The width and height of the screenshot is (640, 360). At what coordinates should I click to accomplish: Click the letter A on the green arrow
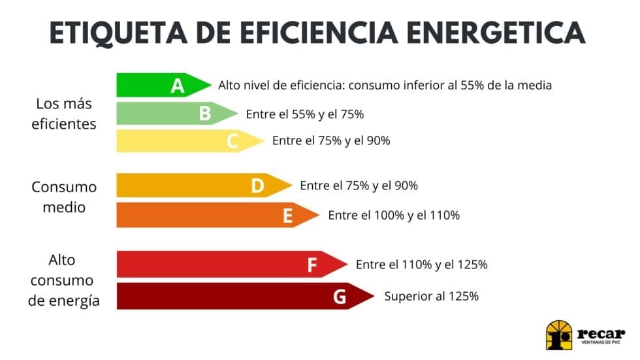coord(178,86)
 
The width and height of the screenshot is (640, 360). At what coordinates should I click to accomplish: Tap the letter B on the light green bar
coord(205,114)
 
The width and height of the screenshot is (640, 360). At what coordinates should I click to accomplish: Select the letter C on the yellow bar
coord(232,141)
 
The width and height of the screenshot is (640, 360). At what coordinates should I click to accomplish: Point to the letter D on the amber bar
coord(257,186)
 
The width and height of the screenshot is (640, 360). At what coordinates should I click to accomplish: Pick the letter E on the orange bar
coord(287,216)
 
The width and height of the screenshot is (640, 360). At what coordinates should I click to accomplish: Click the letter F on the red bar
coord(312,265)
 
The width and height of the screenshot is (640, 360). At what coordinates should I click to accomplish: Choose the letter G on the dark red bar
coord(340,297)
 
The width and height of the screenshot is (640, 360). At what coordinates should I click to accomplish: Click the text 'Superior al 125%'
coord(432,296)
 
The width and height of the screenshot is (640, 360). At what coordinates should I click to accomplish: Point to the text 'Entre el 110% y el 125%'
coord(422,265)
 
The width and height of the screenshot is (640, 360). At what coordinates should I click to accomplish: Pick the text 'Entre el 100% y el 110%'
coord(394,215)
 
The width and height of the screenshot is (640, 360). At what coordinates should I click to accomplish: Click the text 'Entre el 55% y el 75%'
coord(305,114)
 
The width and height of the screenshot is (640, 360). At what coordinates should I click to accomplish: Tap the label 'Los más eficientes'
coord(64,114)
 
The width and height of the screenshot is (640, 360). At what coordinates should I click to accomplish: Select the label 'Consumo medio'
coord(64,197)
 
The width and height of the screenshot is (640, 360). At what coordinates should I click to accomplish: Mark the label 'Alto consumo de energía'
coord(64,280)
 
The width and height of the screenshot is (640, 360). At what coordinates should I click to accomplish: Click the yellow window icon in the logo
coord(558,335)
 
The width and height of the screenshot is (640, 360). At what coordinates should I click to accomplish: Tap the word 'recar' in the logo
coord(601,332)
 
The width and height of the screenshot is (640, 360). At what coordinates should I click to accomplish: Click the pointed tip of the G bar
coord(373,296)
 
